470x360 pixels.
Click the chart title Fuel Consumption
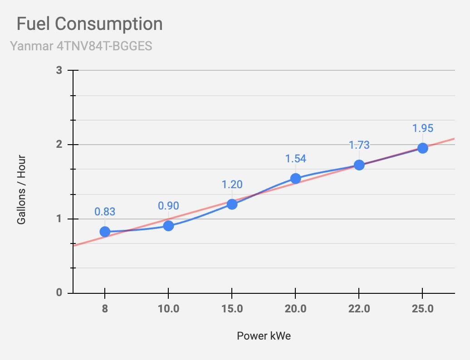90,24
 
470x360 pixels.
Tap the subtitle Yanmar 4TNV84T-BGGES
81,46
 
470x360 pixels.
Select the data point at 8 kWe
105,232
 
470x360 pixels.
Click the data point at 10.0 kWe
168,225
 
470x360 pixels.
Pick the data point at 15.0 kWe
232,204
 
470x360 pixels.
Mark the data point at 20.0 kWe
295,179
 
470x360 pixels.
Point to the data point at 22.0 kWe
359,165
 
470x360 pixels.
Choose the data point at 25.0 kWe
423,148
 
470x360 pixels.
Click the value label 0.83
105,212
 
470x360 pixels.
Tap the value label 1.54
295,159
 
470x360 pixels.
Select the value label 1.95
423,128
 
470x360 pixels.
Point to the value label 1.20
232,185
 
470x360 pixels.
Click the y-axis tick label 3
59,70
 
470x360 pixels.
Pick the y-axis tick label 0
59,292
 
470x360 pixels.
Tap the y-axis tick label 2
59,144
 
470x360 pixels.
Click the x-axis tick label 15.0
232,308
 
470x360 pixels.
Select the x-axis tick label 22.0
359,308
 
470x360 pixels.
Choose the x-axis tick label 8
105,308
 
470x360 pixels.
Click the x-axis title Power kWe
264,336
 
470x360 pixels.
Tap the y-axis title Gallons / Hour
21,190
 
